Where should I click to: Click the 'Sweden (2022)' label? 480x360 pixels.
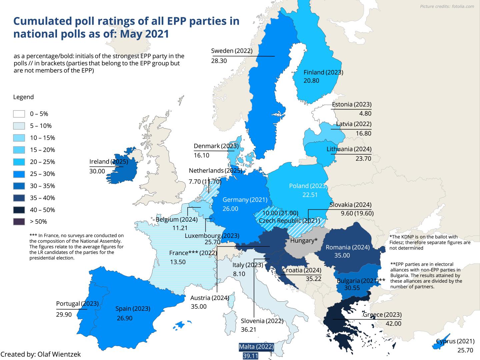tap(232, 51)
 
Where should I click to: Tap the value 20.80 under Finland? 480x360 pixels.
tap(311, 81)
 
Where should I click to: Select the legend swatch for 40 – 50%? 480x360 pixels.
tap(19, 210)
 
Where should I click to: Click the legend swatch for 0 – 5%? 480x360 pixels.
tap(19, 114)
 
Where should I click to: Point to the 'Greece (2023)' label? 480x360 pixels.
tap(382, 315)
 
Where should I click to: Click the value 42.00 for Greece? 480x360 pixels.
tap(393, 324)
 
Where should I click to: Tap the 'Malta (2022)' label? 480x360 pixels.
tap(256, 347)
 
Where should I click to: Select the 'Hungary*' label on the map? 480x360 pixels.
tap(304, 241)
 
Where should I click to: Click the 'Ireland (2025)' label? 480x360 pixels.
tap(109, 162)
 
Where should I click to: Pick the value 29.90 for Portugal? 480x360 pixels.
tap(64, 314)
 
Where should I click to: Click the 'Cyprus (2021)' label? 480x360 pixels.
tap(455, 341)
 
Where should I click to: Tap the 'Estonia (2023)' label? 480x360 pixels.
tap(352, 104)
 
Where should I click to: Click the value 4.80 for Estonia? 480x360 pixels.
tap(365, 113)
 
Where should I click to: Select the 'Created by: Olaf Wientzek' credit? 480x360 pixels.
tap(41, 354)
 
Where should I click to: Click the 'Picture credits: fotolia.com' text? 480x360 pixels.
tap(446, 6)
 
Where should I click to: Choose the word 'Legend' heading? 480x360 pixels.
tap(23, 97)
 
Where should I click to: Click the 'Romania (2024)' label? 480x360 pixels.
tap(348, 247)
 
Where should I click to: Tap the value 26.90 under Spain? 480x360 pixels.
tap(124, 318)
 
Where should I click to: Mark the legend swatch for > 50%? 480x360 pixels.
tap(19, 222)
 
